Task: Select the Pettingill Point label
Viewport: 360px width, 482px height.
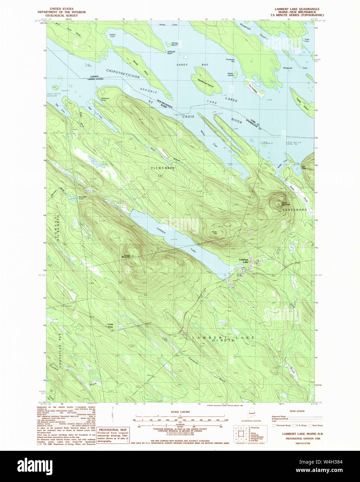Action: click(x=170, y=52)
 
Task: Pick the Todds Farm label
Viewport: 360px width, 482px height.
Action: click(x=110, y=326)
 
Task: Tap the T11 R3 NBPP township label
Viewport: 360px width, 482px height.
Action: click(x=162, y=168)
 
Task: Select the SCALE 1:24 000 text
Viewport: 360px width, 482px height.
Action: click(x=180, y=412)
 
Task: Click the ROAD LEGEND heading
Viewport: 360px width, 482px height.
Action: click(x=298, y=411)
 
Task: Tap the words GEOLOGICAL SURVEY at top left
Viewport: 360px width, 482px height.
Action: click(x=61, y=15)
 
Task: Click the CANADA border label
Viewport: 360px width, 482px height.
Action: click(x=94, y=76)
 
